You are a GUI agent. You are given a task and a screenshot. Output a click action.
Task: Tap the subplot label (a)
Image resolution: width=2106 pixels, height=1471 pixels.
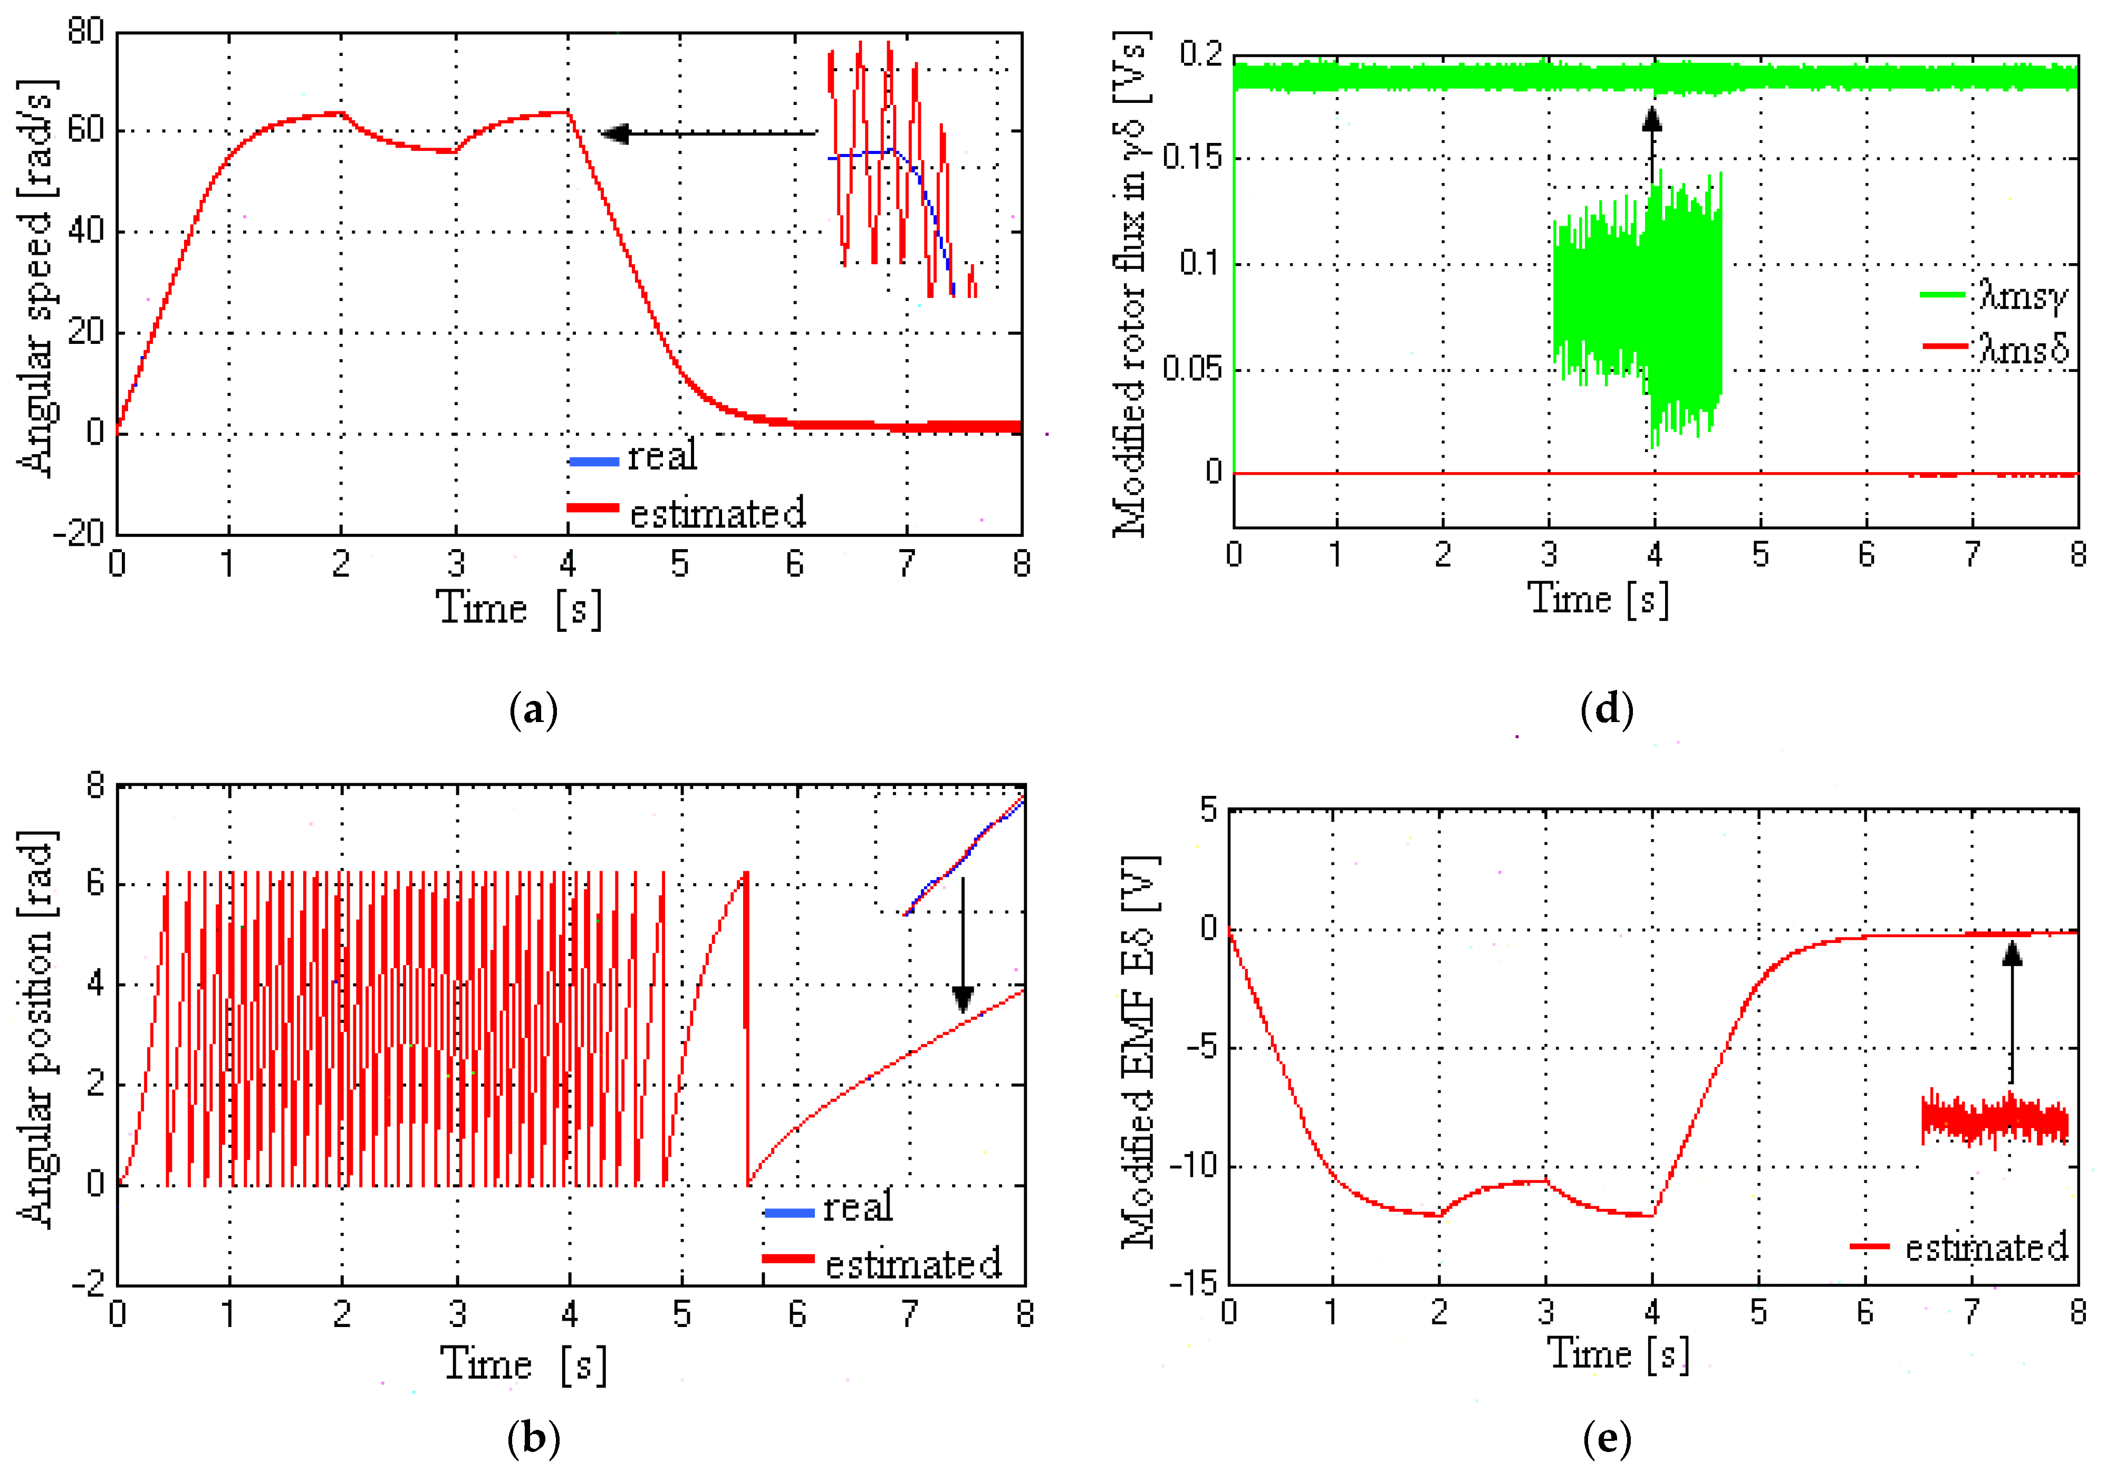533,711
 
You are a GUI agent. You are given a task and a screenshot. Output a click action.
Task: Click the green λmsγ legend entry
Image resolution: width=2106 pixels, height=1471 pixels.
1995,295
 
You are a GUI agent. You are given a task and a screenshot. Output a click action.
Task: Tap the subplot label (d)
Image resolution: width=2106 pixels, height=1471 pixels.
1607,711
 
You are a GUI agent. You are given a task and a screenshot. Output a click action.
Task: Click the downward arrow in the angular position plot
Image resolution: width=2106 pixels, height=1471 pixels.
962,945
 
